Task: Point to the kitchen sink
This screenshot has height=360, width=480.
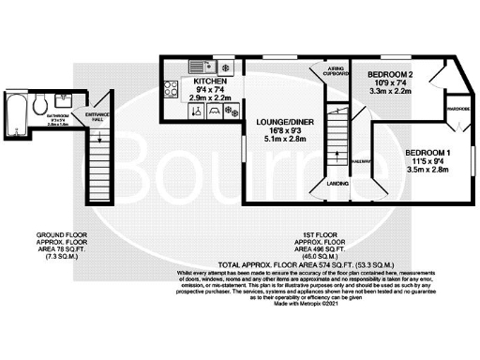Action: [201, 66]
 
